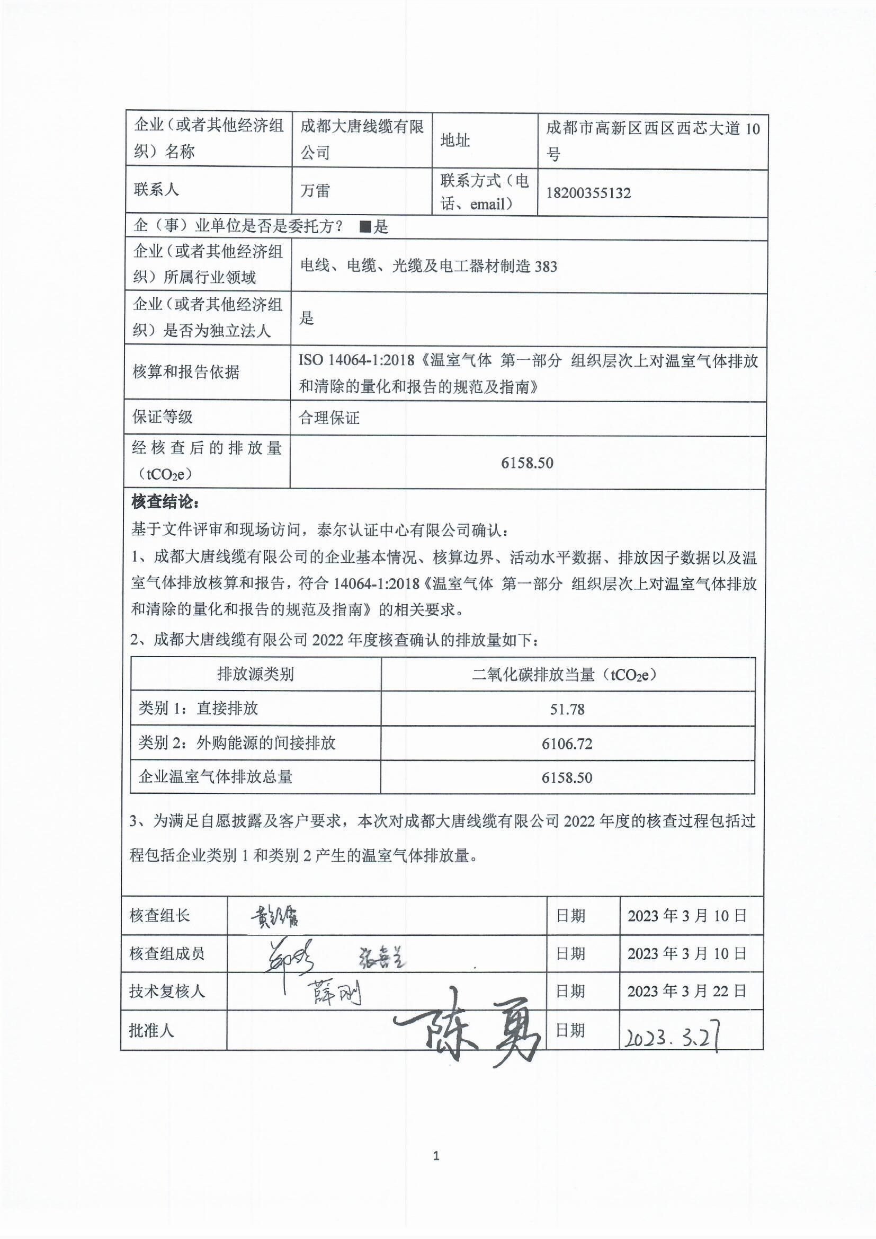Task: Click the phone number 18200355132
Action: click(588, 193)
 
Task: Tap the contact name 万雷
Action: click(315, 191)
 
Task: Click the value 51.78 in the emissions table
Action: click(567, 709)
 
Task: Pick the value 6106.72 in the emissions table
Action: click(567, 744)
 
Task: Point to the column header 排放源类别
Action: click(255, 674)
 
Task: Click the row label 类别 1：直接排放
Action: click(199, 708)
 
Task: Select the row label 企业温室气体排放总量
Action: click(216, 777)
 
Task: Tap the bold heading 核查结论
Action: click(165, 502)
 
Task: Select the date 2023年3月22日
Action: click(687, 991)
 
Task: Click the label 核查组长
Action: click(159, 916)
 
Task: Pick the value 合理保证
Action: click(329, 418)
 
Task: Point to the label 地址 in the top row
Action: click(455, 141)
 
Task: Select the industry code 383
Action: click(546, 267)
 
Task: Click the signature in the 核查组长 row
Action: click(274, 915)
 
